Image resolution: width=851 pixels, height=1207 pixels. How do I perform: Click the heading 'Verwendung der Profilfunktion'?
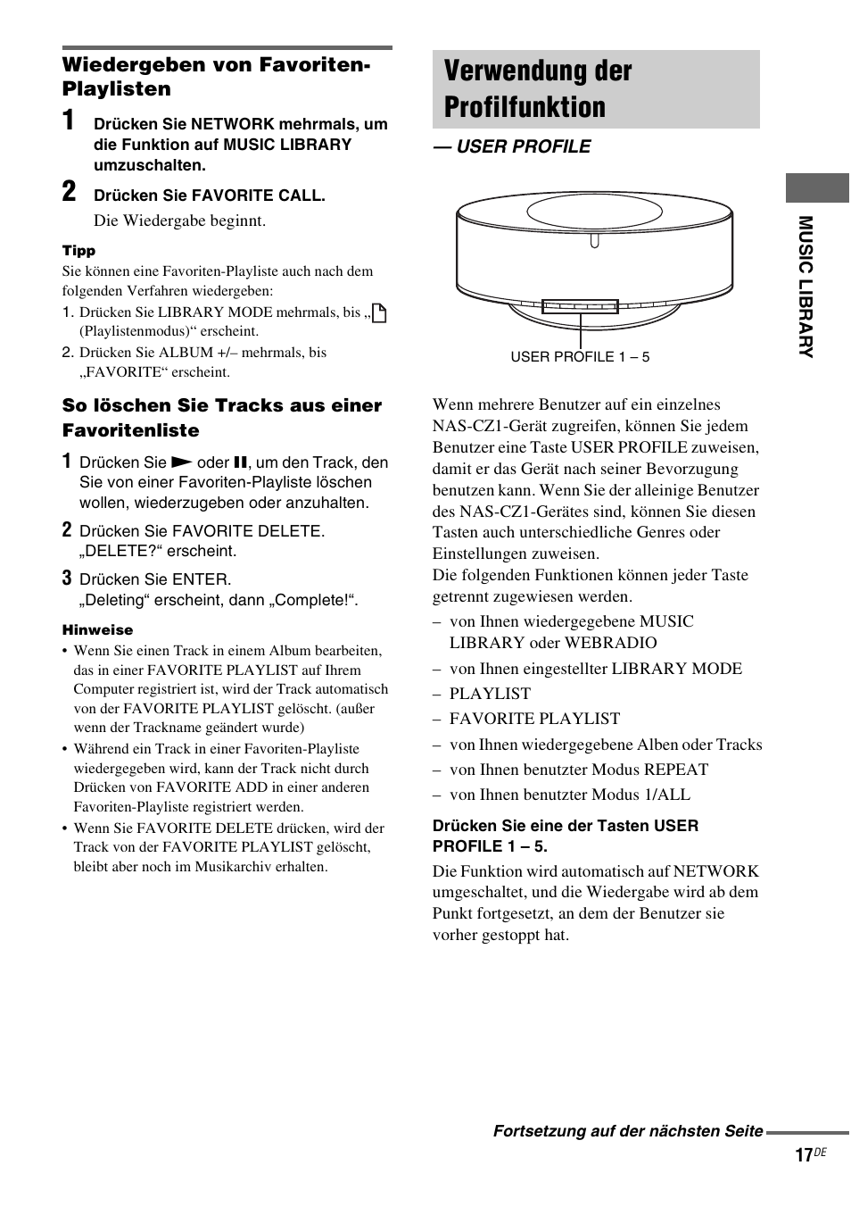[538, 88]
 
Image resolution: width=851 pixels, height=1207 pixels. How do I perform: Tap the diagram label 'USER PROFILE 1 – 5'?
[580, 357]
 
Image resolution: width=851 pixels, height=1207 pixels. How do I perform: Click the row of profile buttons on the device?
[580, 306]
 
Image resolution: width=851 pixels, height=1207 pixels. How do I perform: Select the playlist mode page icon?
[379, 312]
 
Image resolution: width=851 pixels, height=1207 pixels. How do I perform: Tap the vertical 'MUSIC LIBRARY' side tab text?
[806, 287]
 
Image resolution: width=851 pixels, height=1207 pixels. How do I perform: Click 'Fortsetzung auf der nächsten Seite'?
[628, 1131]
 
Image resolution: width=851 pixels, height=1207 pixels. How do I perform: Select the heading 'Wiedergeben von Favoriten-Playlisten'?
[215, 77]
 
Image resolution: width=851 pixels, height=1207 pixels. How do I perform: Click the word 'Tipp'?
[78, 251]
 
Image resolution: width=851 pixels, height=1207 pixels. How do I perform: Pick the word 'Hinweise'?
[97, 630]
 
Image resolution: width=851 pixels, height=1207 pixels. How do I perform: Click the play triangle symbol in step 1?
[181, 462]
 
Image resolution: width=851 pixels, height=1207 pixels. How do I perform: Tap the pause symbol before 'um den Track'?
[239, 462]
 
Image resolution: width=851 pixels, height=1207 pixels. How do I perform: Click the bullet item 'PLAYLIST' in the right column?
[490, 694]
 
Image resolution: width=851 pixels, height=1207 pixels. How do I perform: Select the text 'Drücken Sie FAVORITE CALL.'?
[210, 196]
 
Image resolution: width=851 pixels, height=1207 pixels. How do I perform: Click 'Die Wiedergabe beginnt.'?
[180, 221]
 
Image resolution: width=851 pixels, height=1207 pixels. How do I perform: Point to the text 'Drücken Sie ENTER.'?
[155, 579]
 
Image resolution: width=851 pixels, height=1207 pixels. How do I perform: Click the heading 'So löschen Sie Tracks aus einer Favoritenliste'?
[221, 418]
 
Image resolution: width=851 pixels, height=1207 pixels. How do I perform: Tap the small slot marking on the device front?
[595, 239]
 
